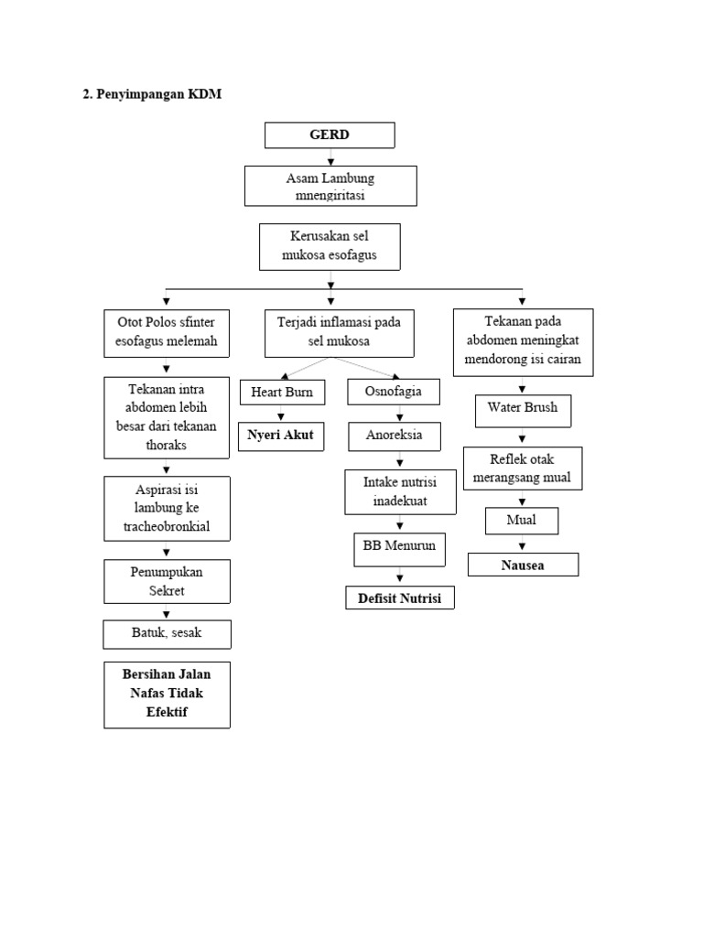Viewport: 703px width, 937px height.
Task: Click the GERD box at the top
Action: tap(330, 135)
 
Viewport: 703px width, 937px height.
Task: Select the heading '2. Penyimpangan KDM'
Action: tap(152, 94)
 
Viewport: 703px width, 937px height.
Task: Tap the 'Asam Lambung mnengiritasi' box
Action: tap(330, 186)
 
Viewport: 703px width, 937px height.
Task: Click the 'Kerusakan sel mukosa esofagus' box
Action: tap(330, 246)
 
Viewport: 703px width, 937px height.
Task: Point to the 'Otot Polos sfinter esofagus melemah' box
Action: tap(167, 333)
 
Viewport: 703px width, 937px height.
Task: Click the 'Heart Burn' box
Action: tap(281, 393)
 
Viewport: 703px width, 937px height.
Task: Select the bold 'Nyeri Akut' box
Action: tap(280, 436)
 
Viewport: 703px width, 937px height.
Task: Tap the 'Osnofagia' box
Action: tap(394, 393)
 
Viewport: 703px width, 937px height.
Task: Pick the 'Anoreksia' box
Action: tap(394, 436)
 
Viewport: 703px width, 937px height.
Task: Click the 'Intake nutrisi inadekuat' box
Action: tap(399, 491)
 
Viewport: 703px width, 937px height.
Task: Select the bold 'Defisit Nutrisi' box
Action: tap(399, 598)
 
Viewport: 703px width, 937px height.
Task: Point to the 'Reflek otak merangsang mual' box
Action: tap(522, 468)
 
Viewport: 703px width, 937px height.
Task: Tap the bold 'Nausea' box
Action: tap(523, 565)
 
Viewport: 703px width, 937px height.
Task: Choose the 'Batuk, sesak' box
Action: tap(167, 633)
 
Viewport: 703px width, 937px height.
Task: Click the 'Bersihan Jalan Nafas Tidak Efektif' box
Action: tap(167, 694)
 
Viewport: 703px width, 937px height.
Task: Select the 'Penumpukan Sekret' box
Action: tap(167, 581)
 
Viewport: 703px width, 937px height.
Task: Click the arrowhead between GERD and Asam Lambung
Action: tap(330, 160)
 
